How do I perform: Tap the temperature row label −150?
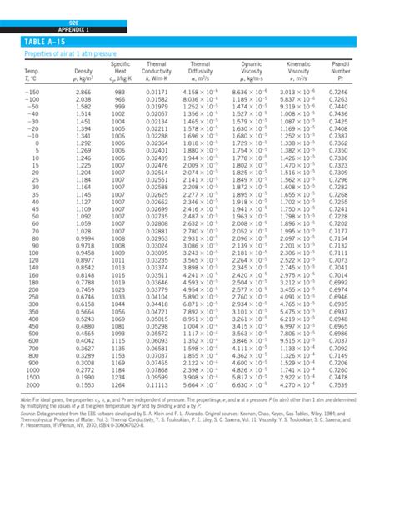pos(32,90)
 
